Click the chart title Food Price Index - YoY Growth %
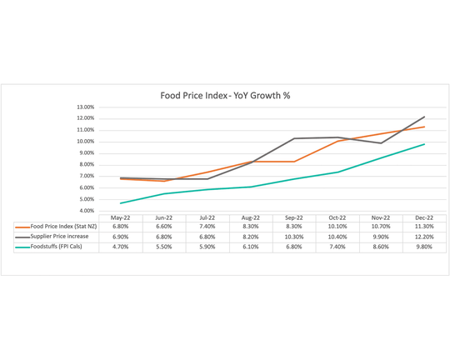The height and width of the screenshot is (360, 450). tap(225, 95)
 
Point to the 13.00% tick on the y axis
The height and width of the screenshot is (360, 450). tap(84, 107)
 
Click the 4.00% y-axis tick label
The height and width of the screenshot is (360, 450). tap(86, 211)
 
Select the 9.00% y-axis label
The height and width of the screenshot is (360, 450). tap(86, 152)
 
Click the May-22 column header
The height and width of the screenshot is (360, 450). tap(121, 217)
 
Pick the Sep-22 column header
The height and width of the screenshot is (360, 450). tap(294, 217)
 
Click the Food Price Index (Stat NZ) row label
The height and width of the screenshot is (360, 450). tap(57, 227)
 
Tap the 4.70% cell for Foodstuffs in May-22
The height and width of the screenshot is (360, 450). tap(121, 247)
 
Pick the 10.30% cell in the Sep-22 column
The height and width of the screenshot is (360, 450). tap(294, 237)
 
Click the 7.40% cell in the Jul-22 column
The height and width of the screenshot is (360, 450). tap(207, 227)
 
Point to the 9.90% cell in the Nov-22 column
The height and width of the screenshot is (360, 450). tap(381, 237)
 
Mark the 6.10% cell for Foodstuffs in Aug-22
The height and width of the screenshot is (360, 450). tap(251, 247)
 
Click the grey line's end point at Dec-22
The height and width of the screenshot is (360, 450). tap(425, 117)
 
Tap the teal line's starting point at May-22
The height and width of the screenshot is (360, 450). tap(121, 203)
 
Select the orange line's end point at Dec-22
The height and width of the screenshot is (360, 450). tap(425, 127)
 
